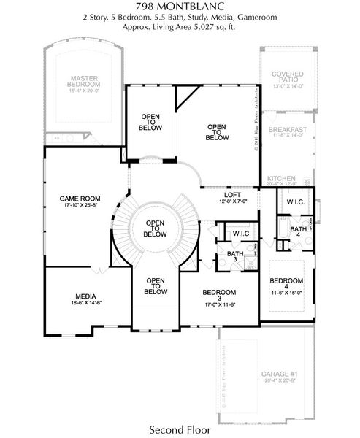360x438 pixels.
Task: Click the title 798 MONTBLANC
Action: [180, 6]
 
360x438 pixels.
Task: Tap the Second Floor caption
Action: [180, 429]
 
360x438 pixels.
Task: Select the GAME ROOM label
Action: [80, 198]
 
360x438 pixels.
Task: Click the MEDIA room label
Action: [85, 296]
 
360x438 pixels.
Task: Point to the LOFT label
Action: [233, 194]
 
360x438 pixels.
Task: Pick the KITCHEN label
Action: [280, 179]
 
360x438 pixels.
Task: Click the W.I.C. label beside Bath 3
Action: [242, 234]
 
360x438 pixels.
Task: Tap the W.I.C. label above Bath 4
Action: [295, 201]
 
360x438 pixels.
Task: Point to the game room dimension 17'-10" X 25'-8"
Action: [80, 206]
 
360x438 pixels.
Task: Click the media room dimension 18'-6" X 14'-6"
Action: [85, 304]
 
